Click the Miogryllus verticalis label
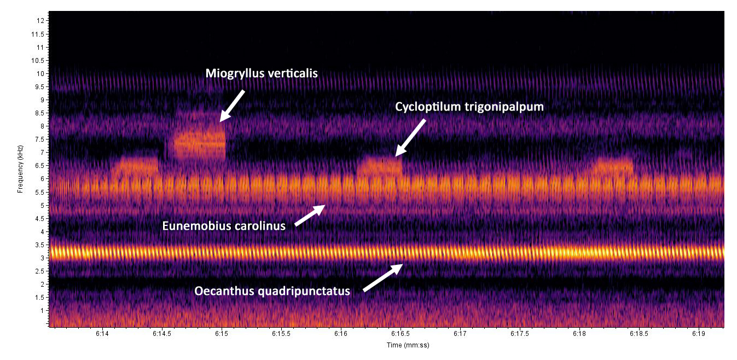pos(261,73)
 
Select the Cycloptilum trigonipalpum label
pos(469,107)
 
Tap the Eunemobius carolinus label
pos(224,225)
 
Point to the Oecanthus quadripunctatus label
pos(272,291)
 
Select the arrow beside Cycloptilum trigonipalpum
pos(411,137)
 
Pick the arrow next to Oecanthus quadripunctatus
pos(383,277)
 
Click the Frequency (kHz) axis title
pos(20,170)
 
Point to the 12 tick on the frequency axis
pos(40,21)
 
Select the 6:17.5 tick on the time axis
pos(519,333)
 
